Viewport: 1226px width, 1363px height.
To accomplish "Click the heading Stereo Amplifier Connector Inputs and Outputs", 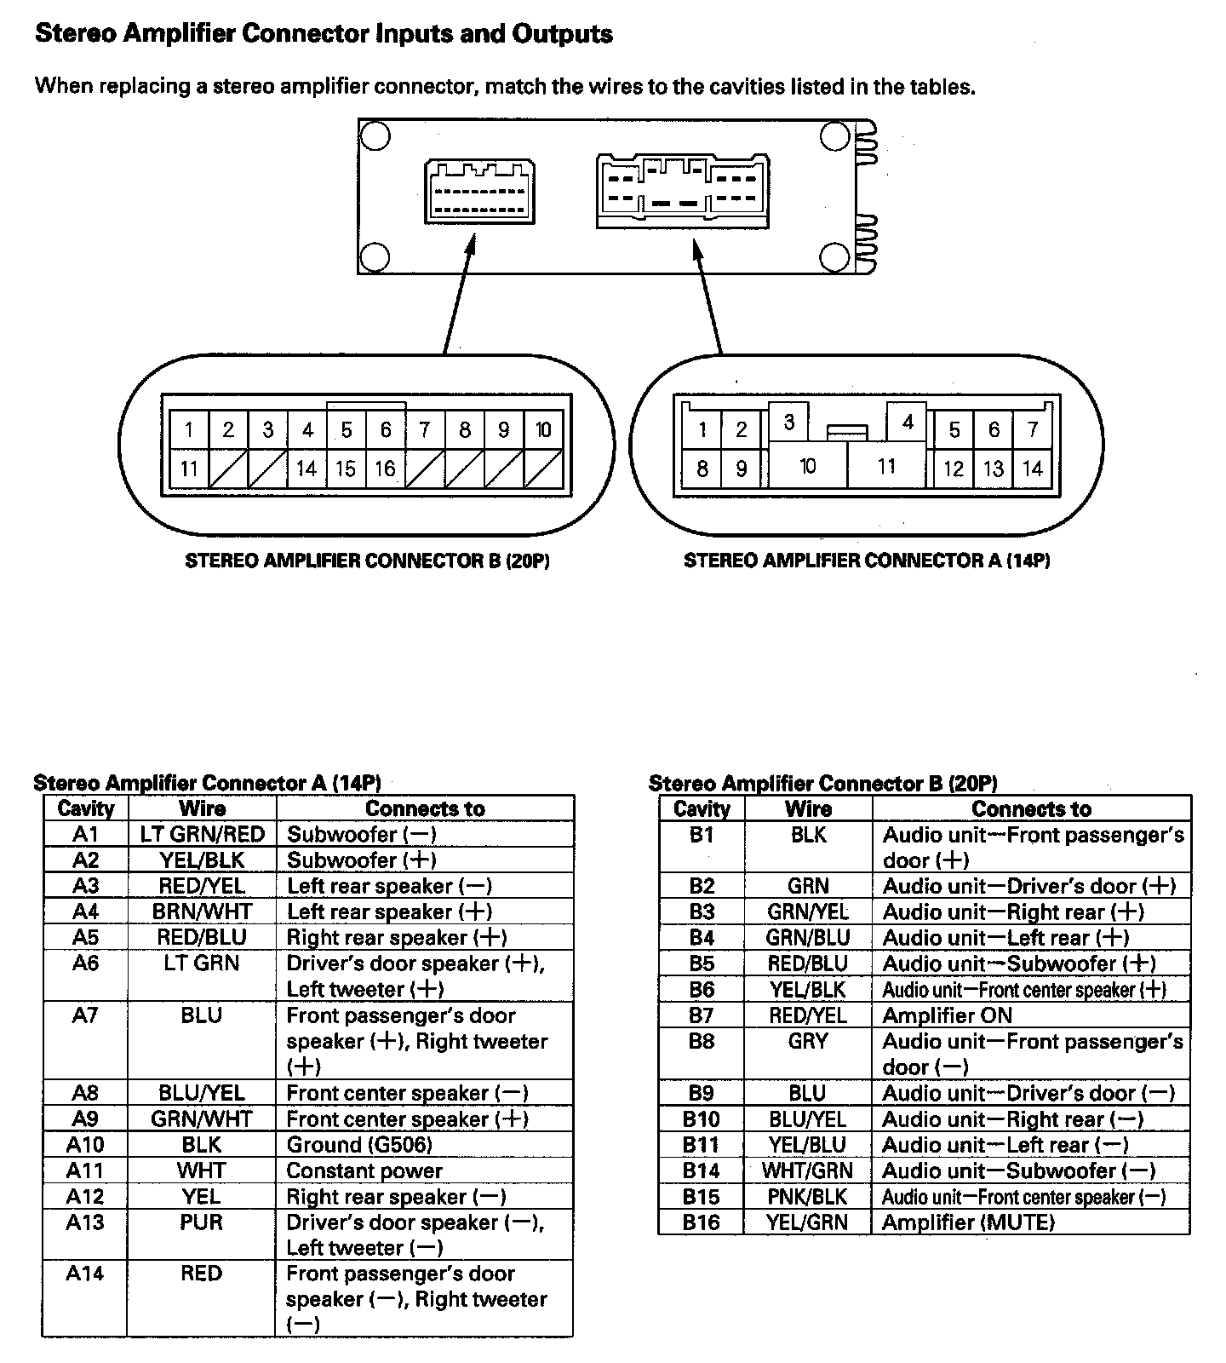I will [324, 34].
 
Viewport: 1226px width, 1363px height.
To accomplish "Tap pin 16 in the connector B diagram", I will [385, 468].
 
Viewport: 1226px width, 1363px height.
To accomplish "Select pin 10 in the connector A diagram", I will [807, 466].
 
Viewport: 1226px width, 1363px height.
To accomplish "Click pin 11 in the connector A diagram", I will [886, 466].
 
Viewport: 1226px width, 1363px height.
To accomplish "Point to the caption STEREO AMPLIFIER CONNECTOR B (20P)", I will [367, 561].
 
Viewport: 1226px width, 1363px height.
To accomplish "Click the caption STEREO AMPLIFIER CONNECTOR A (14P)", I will [867, 561].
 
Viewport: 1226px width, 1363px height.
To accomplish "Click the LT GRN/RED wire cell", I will [203, 834].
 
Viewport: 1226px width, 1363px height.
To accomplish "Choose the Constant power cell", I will [364, 1170].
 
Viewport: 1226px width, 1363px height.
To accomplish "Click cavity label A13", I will [85, 1222].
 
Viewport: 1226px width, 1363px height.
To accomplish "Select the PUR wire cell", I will [202, 1222].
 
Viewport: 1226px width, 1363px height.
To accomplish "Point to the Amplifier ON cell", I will [948, 1015].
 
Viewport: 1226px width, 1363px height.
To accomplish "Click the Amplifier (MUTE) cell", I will [968, 1222].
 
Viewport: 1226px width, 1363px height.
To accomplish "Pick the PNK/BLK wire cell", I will [807, 1196].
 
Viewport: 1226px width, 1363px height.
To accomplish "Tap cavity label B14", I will [701, 1170].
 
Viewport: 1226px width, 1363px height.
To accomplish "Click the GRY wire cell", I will [807, 1041].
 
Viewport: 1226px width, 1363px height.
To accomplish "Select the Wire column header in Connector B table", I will [808, 808].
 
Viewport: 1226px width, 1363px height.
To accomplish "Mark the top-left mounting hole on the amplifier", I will [375, 136].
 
